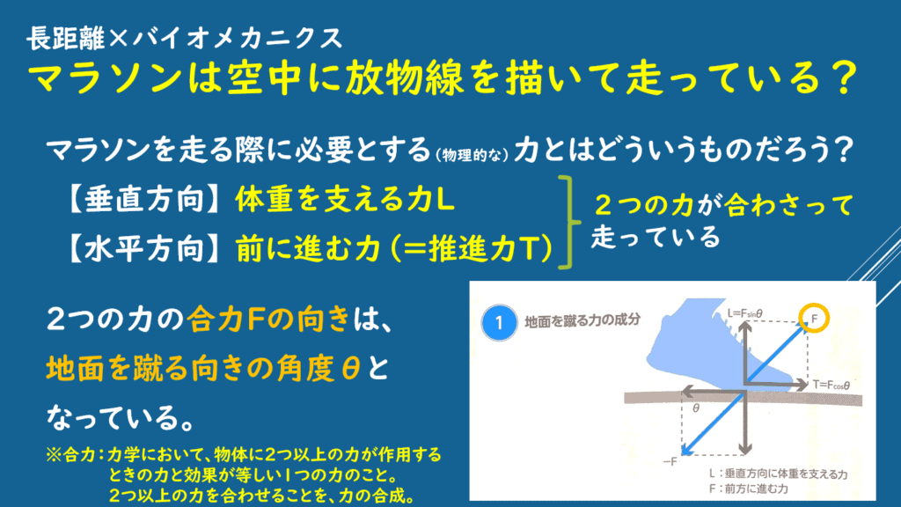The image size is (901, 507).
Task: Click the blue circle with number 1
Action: [x=499, y=322]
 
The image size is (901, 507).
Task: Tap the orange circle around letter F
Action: [x=814, y=305]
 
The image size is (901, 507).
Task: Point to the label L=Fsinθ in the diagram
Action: [x=744, y=313]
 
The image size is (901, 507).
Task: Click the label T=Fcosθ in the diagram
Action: [x=831, y=385]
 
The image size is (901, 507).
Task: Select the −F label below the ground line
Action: [x=670, y=461]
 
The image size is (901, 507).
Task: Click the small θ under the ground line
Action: [x=696, y=408]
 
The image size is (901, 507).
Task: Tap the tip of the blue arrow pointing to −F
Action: [x=682, y=455]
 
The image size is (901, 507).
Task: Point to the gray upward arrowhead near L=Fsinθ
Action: [x=744, y=327]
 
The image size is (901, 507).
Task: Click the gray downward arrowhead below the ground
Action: [x=744, y=448]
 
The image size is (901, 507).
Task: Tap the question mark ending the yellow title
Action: [x=844, y=78]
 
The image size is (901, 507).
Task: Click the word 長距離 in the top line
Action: [x=66, y=39]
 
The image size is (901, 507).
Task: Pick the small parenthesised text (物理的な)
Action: [x=472, y=155]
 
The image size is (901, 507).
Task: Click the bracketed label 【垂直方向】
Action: [x=143, y=200]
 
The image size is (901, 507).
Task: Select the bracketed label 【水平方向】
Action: [x=143, y=249]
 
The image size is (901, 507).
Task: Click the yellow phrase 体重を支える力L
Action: [x=345, y=200]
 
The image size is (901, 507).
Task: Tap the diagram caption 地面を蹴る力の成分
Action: [x=582, y=320]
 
